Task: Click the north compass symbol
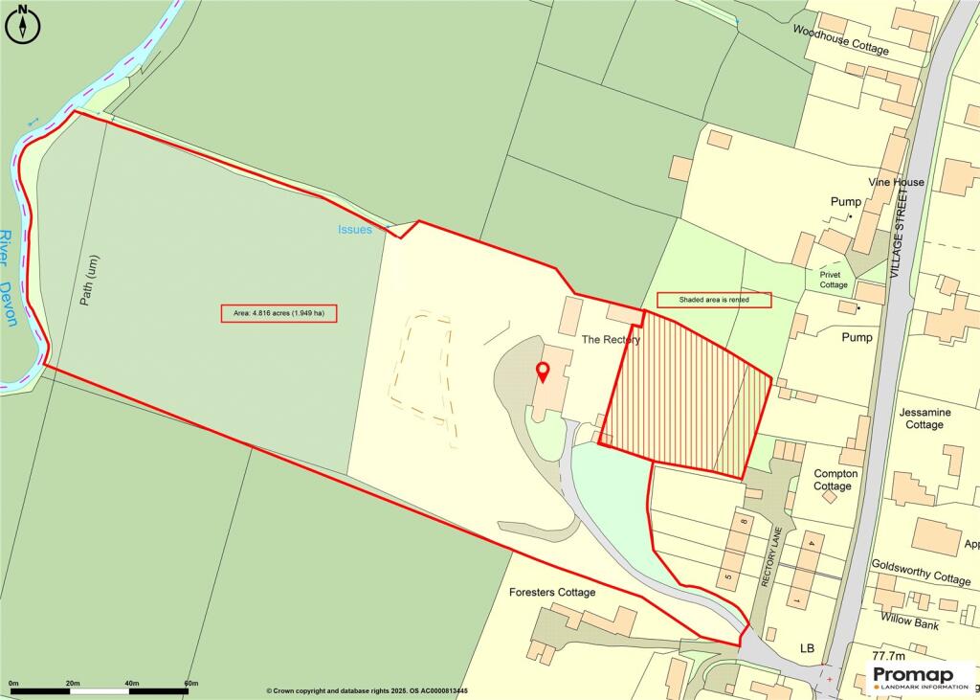(24, 25)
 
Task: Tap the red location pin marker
(543, 373)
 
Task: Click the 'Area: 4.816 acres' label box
(278, 313)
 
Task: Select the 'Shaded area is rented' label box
(714, 300)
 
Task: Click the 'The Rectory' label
(611, 340)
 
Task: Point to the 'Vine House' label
(896, 182)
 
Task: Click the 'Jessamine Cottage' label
(924, 418)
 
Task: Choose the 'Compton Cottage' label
(835, 480)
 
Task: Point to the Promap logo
(920, 677)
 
